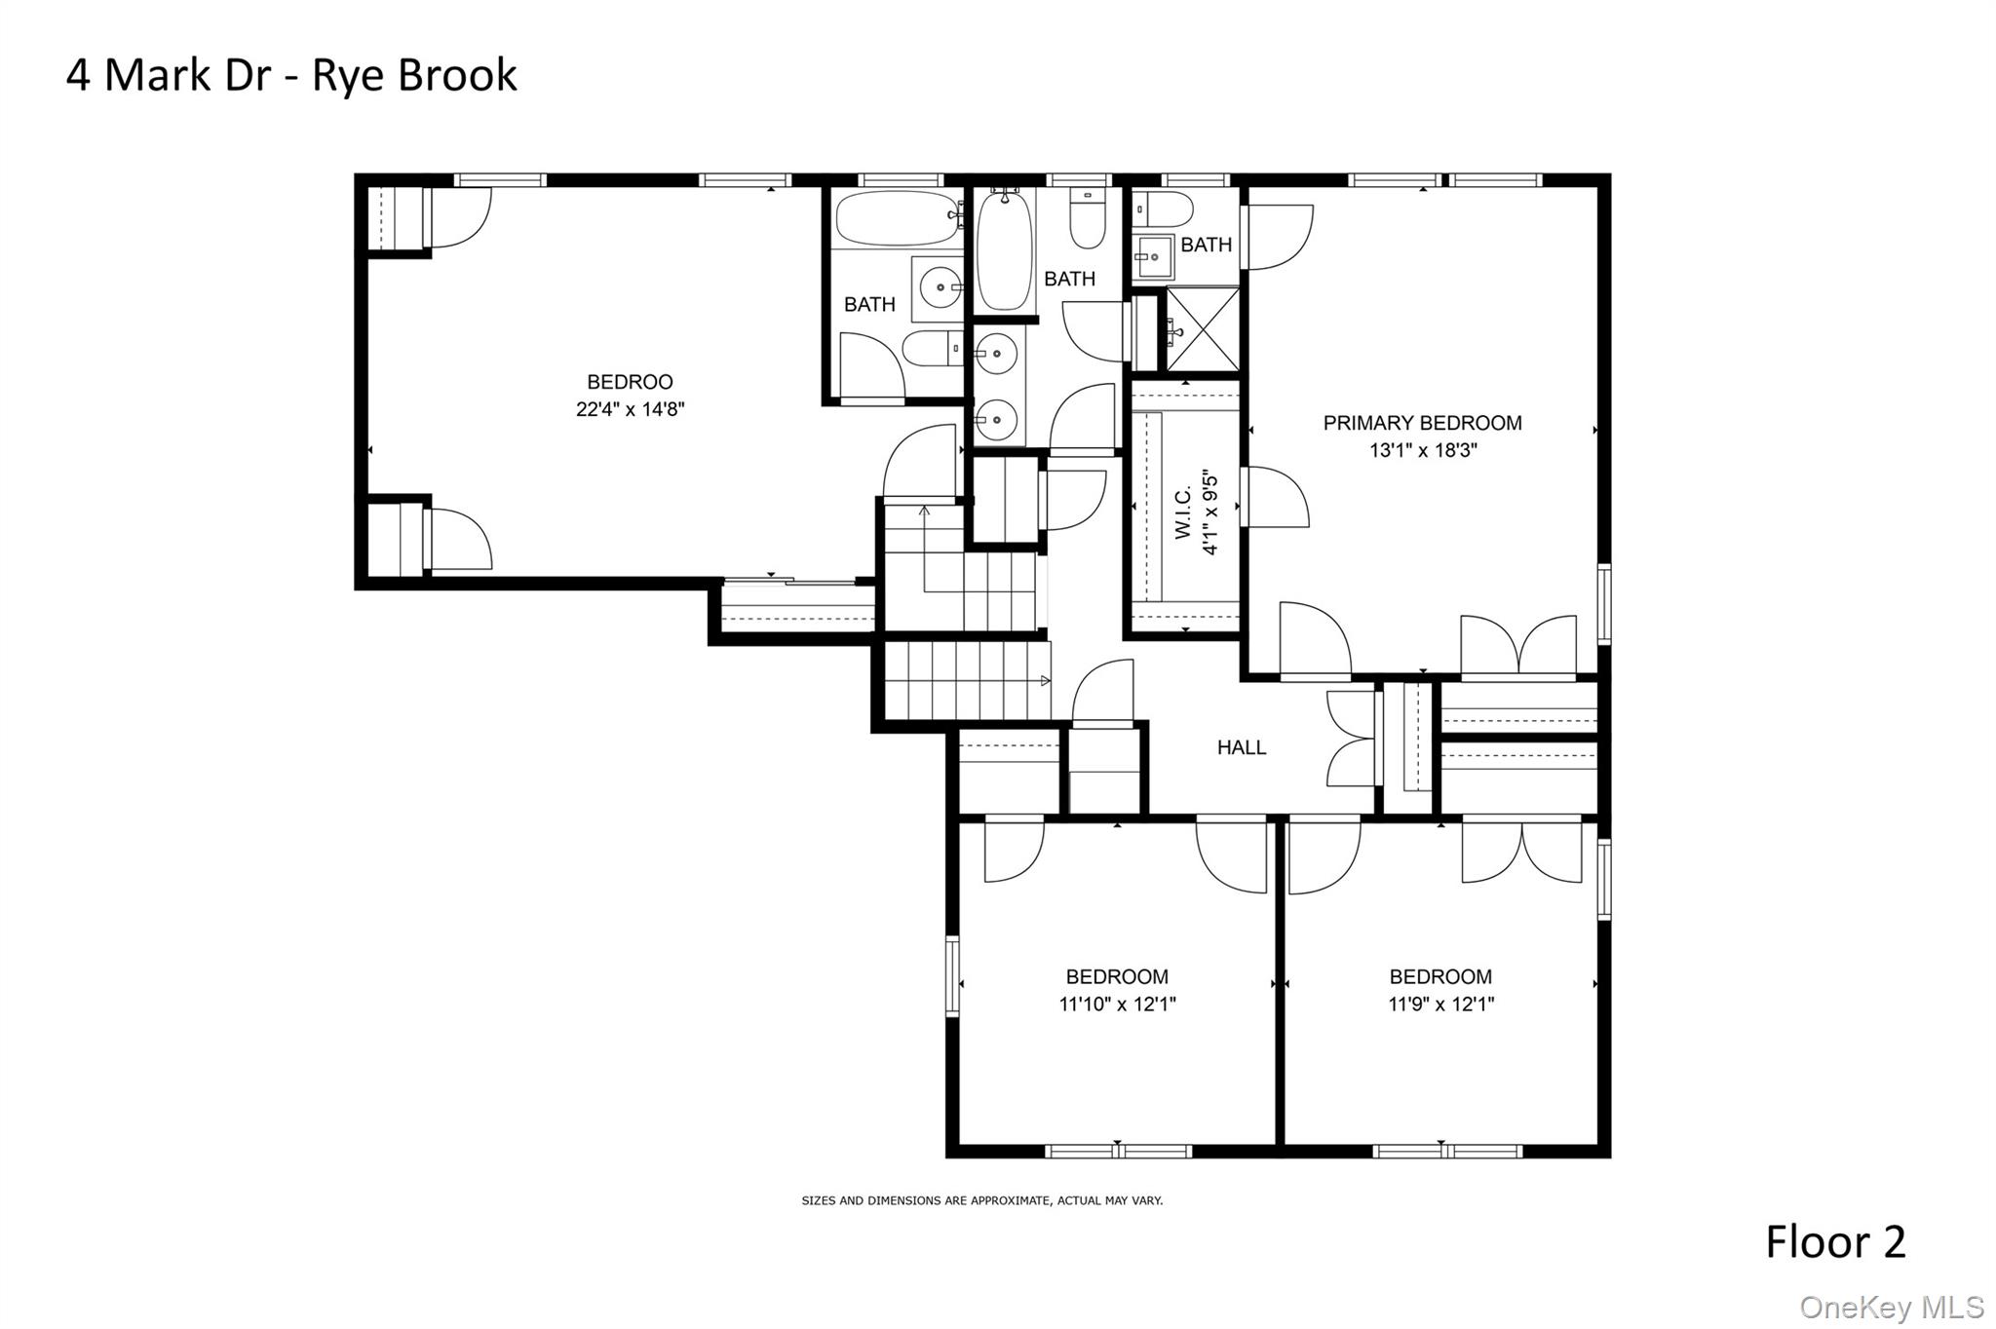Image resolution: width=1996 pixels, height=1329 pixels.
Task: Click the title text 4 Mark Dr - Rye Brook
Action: (x=291, y=76)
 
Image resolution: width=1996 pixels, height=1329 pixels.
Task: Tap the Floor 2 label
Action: (x=1834, y=1242)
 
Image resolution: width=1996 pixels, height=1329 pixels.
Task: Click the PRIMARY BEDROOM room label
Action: (x=1422, y=423)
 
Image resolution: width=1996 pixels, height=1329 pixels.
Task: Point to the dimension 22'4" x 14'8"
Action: (x=630, y=409)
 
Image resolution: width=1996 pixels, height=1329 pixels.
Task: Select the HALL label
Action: (x=1241, y=747)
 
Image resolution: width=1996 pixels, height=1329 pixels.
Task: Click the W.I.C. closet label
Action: (x=1183, y=513)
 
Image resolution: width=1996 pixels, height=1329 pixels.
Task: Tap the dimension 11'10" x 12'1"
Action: (x=1117, y=1005)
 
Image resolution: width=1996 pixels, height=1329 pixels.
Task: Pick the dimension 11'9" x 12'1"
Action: (x=1440, y=1005)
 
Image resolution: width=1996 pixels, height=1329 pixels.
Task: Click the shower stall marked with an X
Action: (x=1203, y=329)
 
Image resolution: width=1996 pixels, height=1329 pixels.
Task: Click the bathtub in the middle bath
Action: (x=1003, y=251)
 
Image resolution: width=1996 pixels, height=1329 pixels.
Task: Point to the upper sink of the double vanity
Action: (x=997, y=353)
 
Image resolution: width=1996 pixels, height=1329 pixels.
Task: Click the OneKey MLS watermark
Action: (x=1892, y=1307)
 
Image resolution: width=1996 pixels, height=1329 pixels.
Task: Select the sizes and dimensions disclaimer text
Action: (x=981, y=1200)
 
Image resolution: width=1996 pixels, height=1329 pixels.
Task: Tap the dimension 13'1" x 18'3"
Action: (x=1423, y=450)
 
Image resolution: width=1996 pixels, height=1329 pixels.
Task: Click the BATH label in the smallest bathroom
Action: (x=1206, y=245)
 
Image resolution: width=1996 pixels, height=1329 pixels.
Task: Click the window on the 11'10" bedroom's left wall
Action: (x=952, y=976)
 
